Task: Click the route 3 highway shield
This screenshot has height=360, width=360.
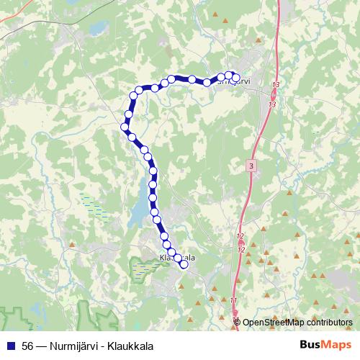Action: click(250, 166)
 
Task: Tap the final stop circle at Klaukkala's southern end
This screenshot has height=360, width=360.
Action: click(184, 264)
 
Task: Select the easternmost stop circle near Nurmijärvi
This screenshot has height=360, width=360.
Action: click(235, 78)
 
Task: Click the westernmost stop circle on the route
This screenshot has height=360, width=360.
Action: click(124, 127)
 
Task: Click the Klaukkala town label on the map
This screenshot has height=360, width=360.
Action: click(176, 257)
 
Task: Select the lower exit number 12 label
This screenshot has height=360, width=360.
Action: click(241, 249)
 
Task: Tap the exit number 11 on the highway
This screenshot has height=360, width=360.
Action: click(234, 300)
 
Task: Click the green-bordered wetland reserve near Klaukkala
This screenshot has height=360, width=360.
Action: click(144, 266)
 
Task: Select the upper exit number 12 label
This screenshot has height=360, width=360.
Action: click(240, 235)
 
